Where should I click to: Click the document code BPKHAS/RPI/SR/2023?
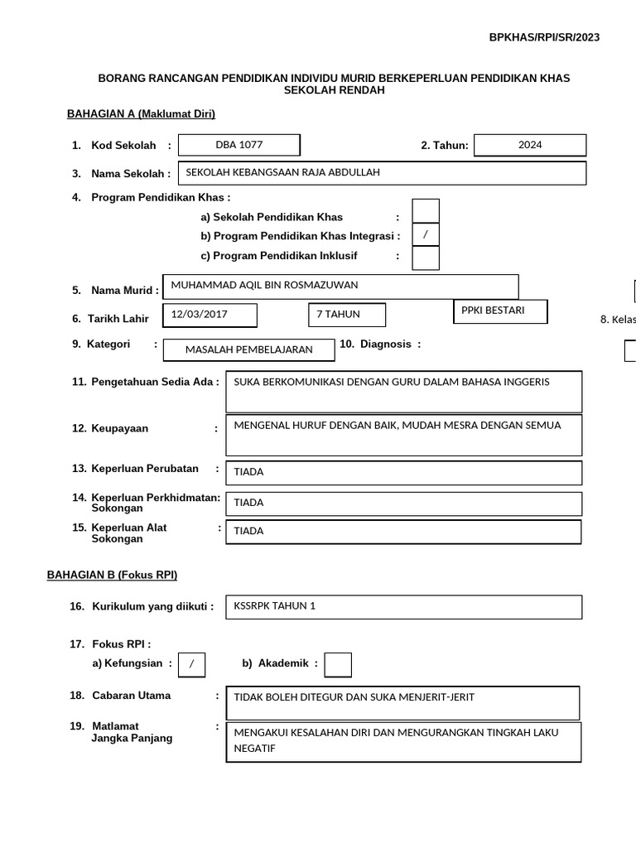(544, 37)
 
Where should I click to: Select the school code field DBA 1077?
(239, 145)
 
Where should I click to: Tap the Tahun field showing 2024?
(530, 145)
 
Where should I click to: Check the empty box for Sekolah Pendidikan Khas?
(426, 211)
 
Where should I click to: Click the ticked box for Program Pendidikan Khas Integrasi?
(426, 235)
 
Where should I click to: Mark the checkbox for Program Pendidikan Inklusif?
(426, 258)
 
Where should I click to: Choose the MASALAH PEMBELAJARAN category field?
(249, 350)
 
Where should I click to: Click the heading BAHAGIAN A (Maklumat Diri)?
(141, 114)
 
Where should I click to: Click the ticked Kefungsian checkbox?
(191, 664)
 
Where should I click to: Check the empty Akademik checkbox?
(338, 664)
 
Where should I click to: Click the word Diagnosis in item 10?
(385, 344)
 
